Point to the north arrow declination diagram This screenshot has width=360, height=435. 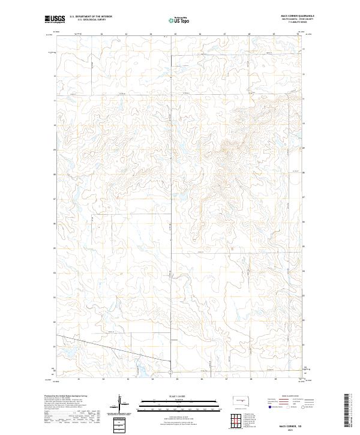coord(120,403)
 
